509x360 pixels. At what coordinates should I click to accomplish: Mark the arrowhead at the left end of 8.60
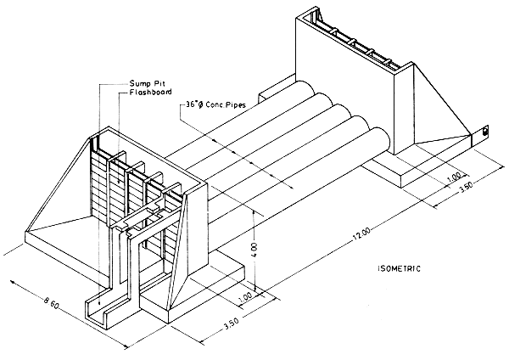(7, 248)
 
